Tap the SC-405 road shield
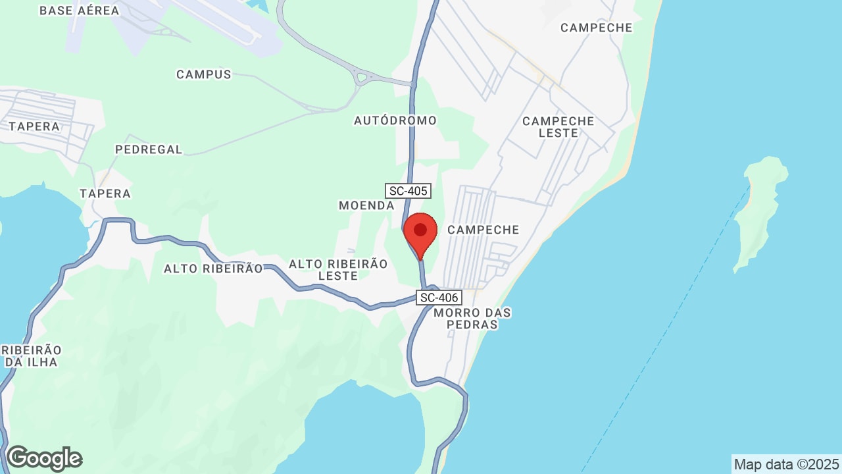point(408,191)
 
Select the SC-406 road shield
point(439,298)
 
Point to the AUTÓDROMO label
point(395,120)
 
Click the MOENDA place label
point(366,205)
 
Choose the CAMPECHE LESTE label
point(558,127)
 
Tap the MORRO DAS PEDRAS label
point(472,318)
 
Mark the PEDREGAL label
point(149,149)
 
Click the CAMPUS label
point(204,74)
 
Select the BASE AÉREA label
point(80,11)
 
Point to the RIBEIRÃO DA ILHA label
point(31,355)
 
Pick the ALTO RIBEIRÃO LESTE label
point(338,269)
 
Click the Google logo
point(44,458)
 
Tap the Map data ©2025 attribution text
point(786,464)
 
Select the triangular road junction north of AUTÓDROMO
point(361,78)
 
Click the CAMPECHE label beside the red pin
point(483,230)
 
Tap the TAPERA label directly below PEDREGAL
point(105,194)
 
